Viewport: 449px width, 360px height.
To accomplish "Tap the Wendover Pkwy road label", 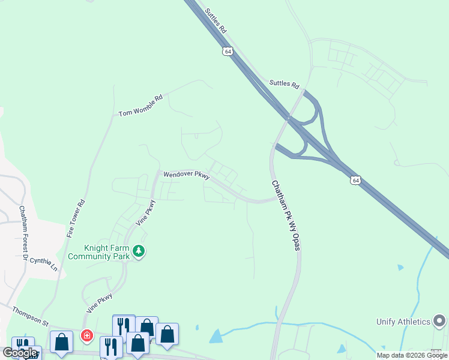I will (186, 175).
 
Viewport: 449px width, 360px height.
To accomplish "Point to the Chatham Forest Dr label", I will (24, 233).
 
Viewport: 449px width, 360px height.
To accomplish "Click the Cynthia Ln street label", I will (43, 264).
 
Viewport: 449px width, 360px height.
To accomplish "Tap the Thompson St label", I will (30, 314).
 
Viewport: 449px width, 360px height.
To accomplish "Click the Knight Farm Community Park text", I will (99, 251).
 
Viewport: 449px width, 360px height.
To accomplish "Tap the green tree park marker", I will (139, 251).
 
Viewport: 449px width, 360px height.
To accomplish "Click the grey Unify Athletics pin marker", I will (440, 321).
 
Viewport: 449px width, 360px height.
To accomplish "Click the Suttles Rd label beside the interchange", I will (284, 85).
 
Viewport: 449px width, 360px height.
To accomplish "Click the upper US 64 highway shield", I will (228, 51).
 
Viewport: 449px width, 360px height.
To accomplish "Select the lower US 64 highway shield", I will (356, 180).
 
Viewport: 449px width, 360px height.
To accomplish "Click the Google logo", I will (20, 353).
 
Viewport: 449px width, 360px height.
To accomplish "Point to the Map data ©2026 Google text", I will (412, 355).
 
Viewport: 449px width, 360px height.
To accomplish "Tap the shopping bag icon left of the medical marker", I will (61, 342).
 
